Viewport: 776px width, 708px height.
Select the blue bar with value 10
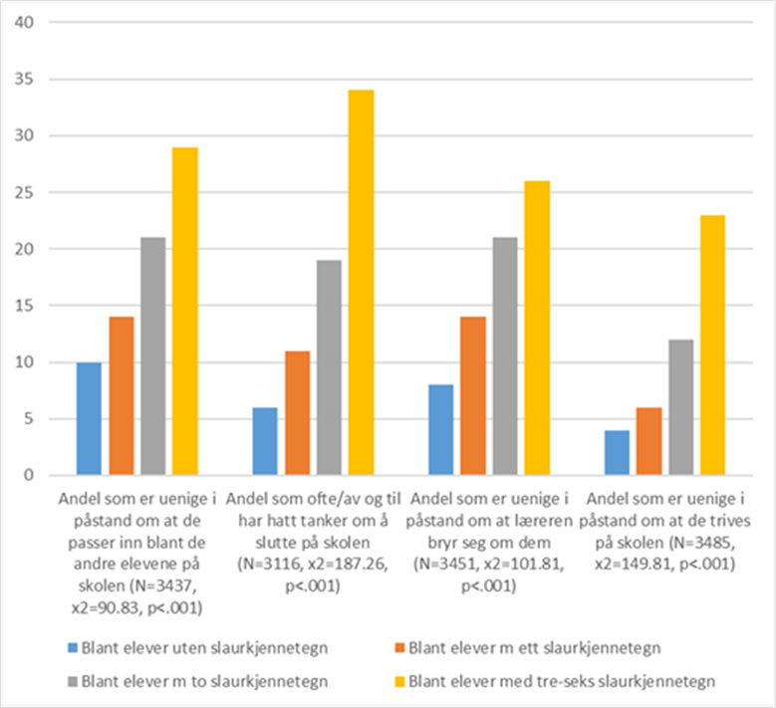coord(89,419)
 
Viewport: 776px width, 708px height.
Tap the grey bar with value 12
coord(680,407)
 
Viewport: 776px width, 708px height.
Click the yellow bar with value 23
coord(712,346)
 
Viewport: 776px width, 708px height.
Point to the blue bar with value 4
coord(617,453)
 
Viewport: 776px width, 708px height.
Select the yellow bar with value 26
coord(537,329)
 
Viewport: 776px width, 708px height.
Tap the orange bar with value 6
coord(648,442)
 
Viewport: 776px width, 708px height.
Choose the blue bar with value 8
coord(440,430)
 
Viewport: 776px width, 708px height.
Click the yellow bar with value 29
coord(184,312)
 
